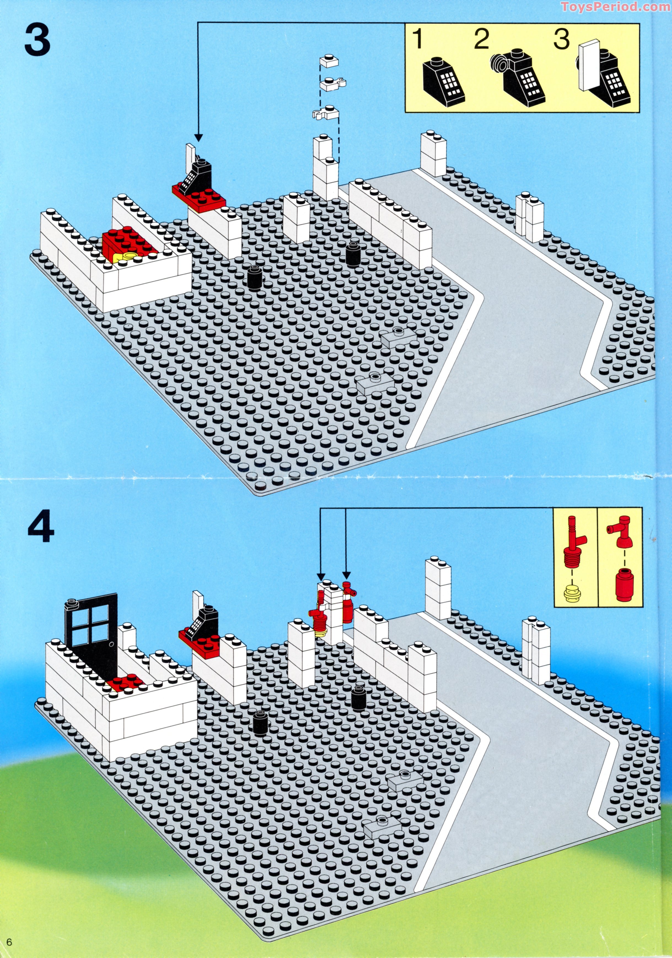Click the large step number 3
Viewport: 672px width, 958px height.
(x=37, y=41)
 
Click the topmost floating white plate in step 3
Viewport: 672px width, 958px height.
(x=329, y=61)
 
